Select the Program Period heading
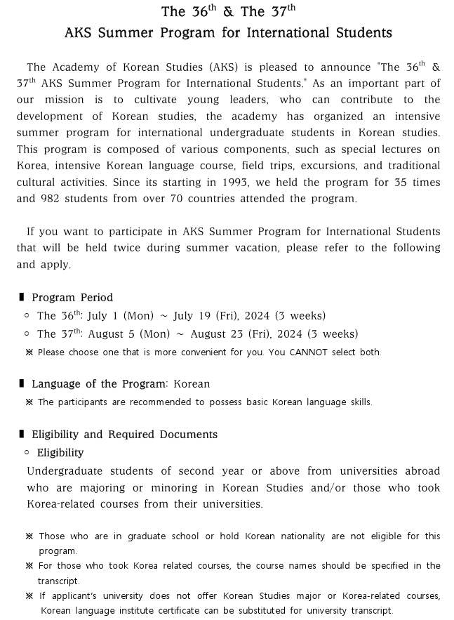[72, 297]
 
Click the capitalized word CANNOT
[308, 352]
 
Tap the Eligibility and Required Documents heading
[124, 435]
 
